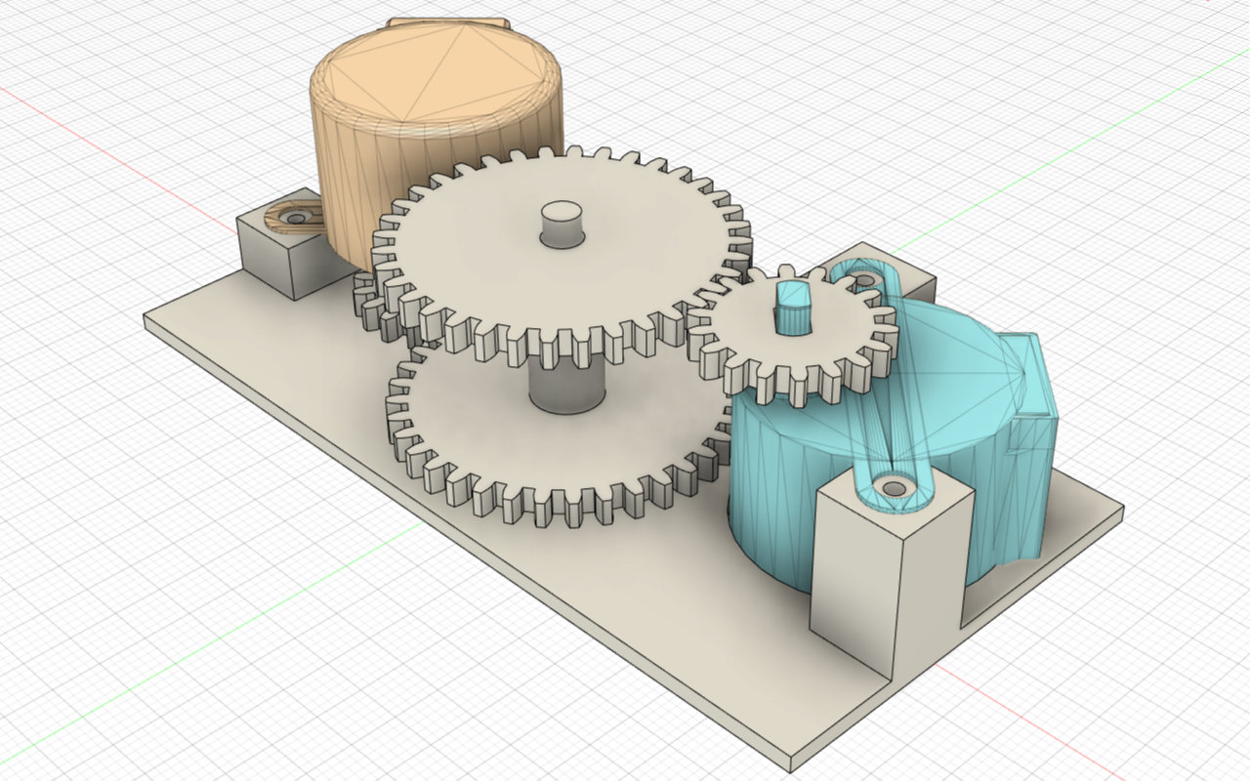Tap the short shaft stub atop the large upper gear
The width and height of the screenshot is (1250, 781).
pyautogui.click(x=561, y=224)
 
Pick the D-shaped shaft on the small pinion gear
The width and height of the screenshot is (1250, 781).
pyautogui.click(x=793, y=305)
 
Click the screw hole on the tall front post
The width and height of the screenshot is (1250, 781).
pyautogui.click(x=893, y=485)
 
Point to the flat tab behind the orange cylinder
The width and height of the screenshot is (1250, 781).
pyautogui.click(x=449, y=21)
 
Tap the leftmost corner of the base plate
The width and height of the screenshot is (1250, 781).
pyautogui.click(x=145, y=317)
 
